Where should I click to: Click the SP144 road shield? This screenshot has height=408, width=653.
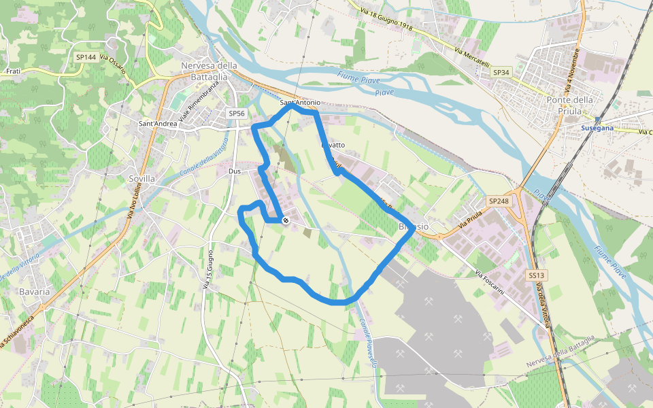86,57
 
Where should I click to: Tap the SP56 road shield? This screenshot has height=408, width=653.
236,114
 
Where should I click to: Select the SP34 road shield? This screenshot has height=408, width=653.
501,72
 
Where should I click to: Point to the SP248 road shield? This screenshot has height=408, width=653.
498,201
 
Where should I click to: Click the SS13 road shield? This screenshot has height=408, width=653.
536,275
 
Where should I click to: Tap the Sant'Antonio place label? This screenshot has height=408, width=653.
300,103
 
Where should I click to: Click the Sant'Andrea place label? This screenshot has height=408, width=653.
158,124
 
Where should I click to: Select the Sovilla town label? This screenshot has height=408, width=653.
142,178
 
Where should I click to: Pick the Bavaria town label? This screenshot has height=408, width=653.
35,291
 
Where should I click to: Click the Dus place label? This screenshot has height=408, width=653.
235,171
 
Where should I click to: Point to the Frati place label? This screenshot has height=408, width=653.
12,71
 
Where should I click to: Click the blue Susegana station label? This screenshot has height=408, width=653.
597,128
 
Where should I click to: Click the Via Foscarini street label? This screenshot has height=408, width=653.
489,282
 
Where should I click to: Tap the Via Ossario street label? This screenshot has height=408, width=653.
112,64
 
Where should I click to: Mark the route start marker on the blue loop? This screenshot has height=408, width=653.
286,220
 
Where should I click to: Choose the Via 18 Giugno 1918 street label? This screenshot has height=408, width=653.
387,20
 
